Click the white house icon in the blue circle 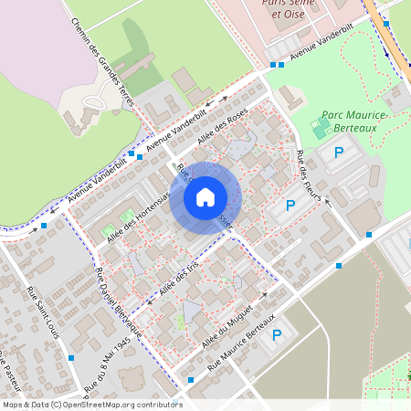point(205,196)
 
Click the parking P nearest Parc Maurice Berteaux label point(338,154)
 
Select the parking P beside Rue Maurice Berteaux point(277,335)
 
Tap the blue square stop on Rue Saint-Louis point(71,358)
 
